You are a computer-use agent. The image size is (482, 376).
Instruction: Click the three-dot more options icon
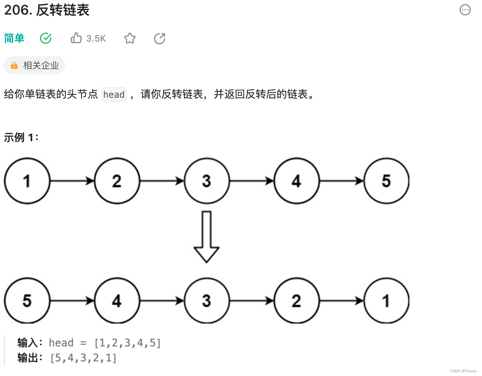(x=465, y=10)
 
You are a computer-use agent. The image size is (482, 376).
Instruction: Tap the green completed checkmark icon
(x=46, y=38)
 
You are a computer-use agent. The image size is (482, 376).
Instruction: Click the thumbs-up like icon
(x=76, y=38)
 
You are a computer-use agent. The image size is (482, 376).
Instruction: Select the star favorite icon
(x=129, y=38)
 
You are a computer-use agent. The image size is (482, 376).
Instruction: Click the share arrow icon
(x=159, y=38)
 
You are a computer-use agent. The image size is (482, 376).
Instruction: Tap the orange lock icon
(x=14, y=66)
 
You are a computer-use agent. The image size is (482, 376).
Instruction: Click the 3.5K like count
(x=96, y=39)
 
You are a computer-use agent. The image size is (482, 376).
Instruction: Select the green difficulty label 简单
(x=14, y=38)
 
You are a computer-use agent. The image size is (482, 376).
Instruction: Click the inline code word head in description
(x=114, y=94)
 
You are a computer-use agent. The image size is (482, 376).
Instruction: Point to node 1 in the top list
(x=27, y=181)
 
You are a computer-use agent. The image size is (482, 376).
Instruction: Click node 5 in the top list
(x=386, y=181)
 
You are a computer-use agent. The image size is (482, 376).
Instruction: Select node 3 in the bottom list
(x=207, y=301)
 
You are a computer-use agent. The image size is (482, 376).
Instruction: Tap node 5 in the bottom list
(x=27, y=301)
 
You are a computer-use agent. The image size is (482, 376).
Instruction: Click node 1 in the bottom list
(x=386, y=301)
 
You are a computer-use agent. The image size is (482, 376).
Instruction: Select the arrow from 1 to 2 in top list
(x=72, y=181)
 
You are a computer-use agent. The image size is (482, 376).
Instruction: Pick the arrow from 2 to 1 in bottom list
(x=341, y=301)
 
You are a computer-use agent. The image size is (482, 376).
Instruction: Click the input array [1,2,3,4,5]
(x=128, y=343)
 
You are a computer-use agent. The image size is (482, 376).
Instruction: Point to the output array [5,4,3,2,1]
(x=83, y=358)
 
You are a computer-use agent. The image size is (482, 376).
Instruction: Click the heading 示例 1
(x=21, y=137)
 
